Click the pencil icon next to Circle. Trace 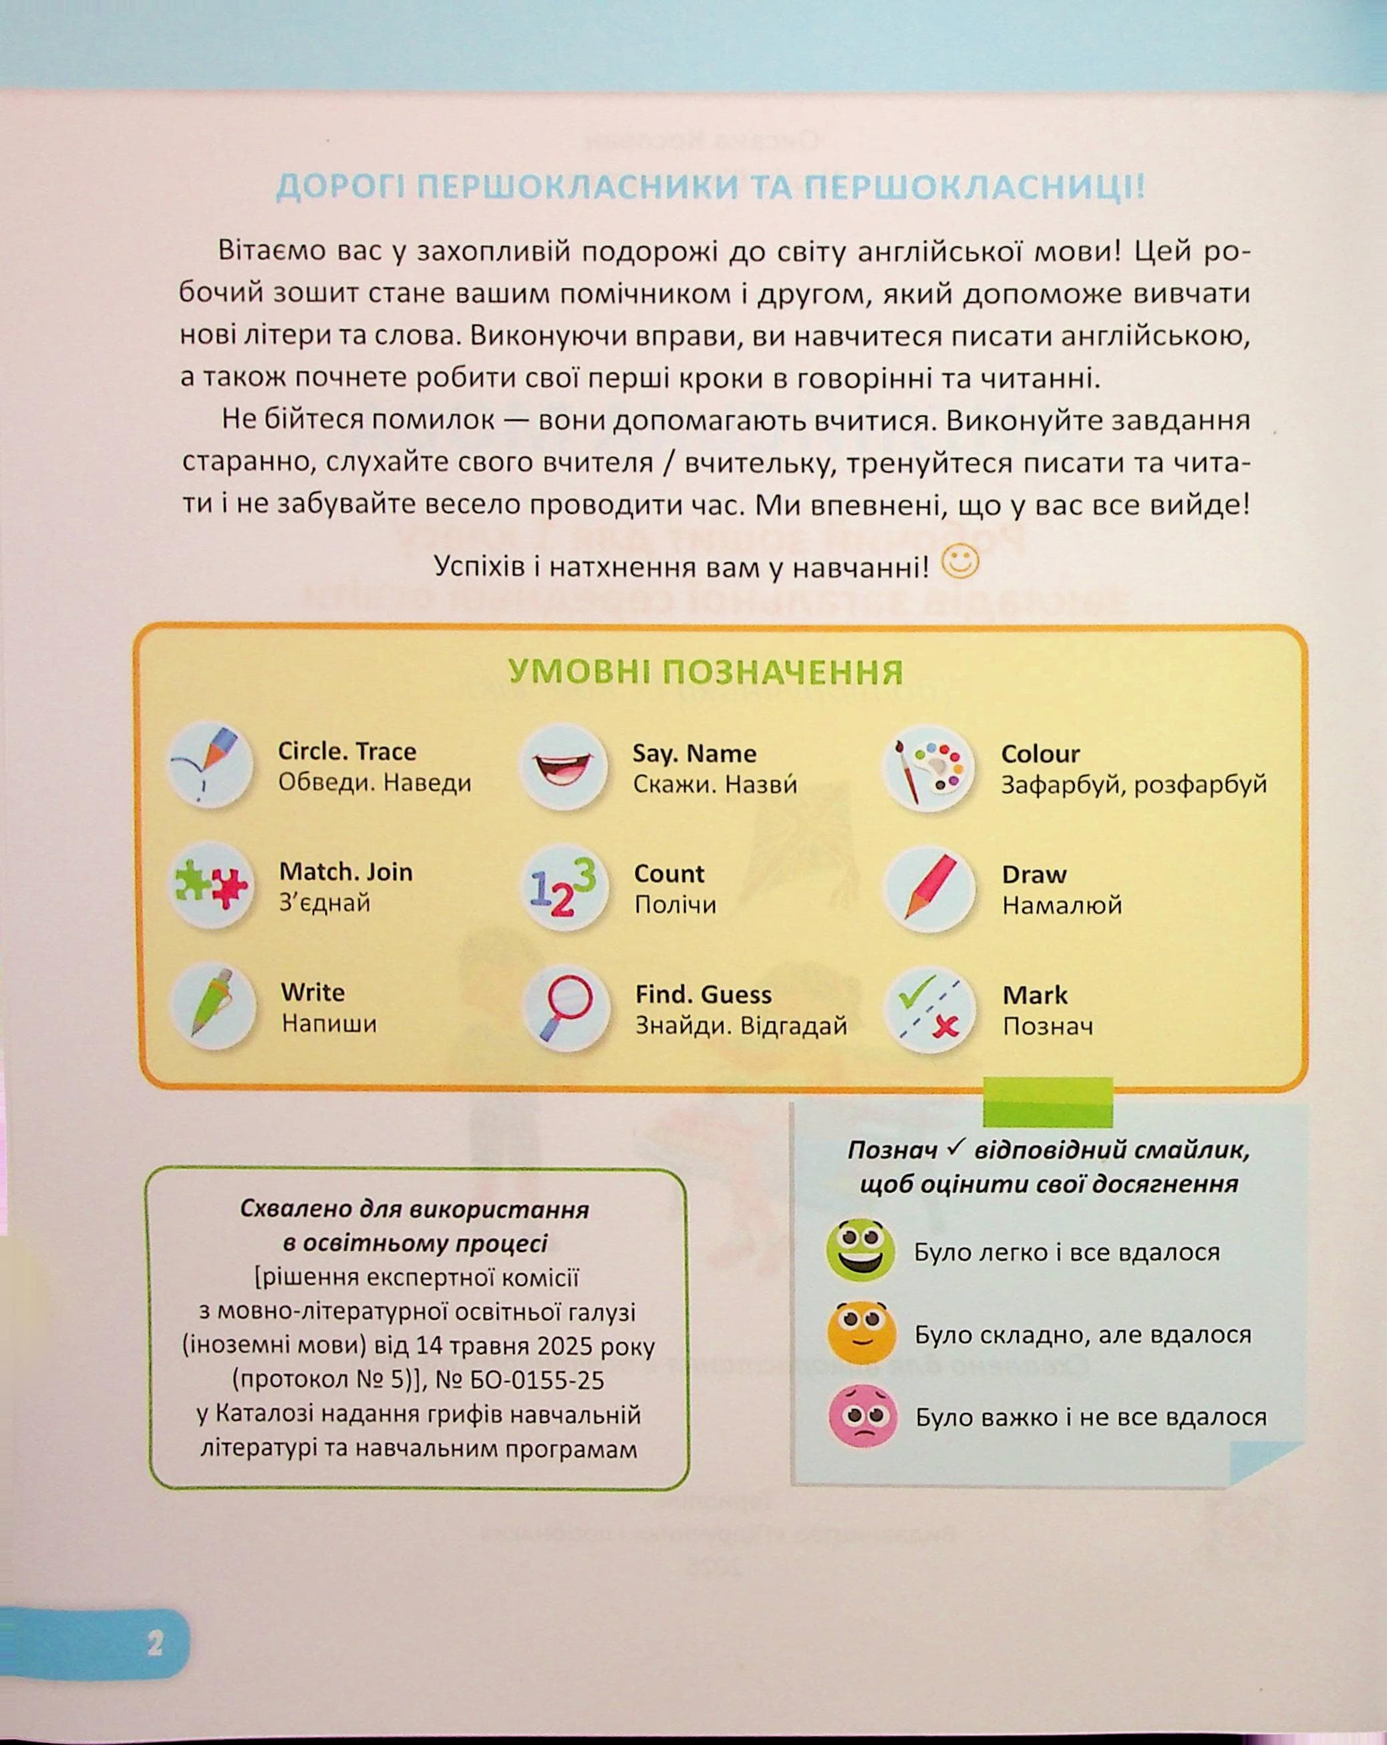(210, 765)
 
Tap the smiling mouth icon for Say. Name (564, 766)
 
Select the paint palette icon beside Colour (929, 768)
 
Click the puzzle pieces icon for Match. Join (211, 885)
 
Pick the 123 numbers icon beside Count (564, 887)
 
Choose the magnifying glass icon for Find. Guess (565, 1009)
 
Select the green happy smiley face (861, 1251)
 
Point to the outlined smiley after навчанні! (961, 561)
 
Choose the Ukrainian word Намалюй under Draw (1062, 905)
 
